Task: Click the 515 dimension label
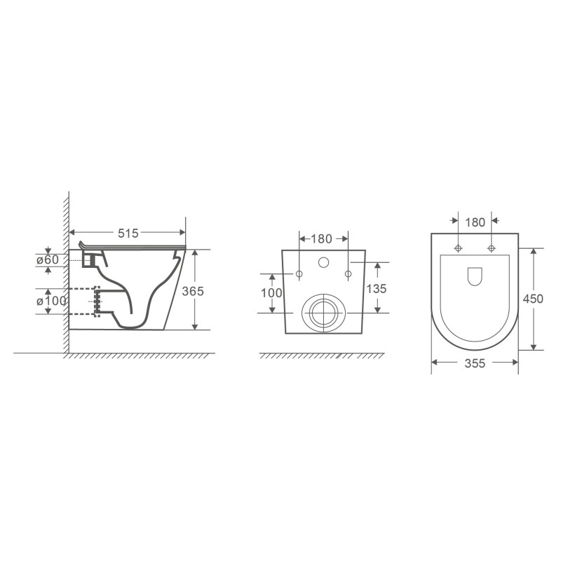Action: (x=128, y=234)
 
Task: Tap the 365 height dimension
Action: (x=193, y=291)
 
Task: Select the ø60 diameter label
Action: (x=48, y=259)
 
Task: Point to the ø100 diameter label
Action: (x=51, y=301)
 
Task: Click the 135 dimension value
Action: (x=377, y=289)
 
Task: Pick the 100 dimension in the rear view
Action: (x=271, y=293)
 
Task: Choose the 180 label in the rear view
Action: (x=322, y=238)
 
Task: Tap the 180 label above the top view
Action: (x=475, y=222)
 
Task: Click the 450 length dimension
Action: (x=533, y=299)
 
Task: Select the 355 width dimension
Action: (x=475, y=363)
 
